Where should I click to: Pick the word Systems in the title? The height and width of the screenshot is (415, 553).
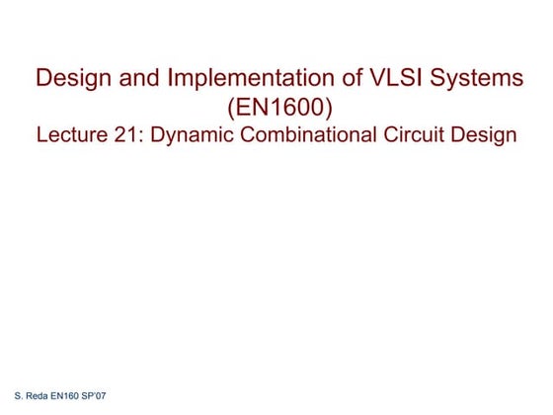click(473, 79)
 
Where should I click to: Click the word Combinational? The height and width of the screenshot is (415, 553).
click(315, 135)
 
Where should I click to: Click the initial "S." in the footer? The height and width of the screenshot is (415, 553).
click(9, 395)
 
